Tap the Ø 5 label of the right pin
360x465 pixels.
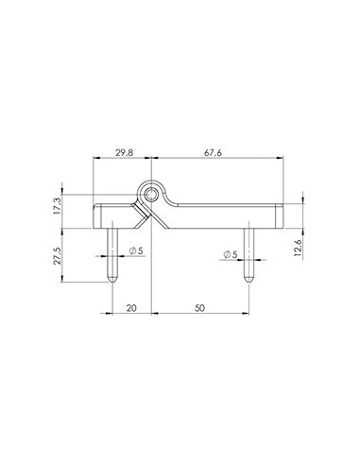[230, 255]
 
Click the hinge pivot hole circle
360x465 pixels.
[151, 194]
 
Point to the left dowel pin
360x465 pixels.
[112, 250]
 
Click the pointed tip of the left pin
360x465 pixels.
[112, 281]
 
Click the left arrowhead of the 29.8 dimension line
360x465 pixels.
[95, 162]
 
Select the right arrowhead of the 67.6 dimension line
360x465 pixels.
[282, 162]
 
